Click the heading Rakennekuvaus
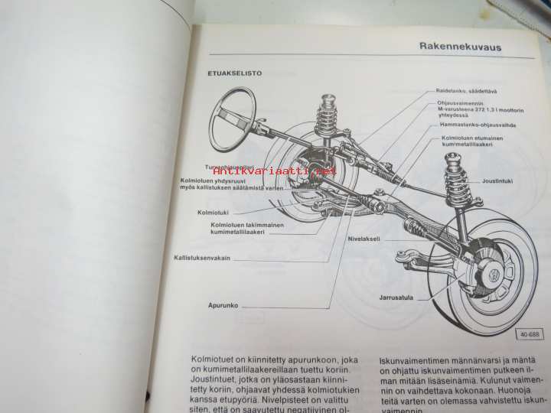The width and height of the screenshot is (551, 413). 460,47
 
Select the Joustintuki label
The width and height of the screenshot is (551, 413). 498,182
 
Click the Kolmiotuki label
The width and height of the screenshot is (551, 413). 213,212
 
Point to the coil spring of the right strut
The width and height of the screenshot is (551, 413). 456,178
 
